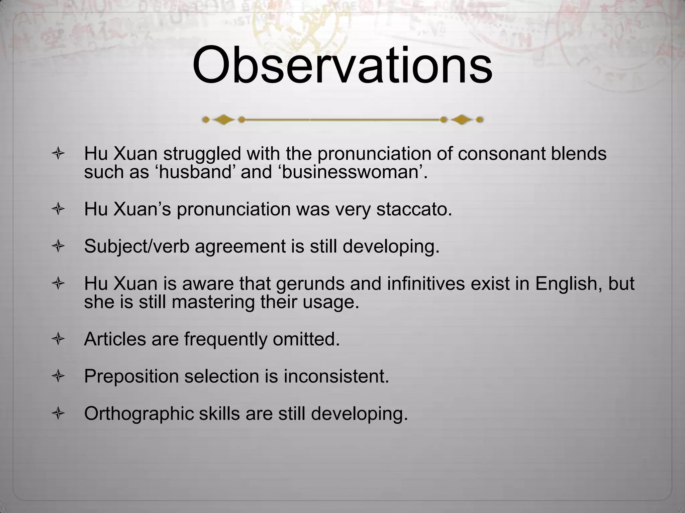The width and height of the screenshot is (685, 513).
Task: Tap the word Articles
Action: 115,339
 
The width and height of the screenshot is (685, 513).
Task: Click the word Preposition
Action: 131,376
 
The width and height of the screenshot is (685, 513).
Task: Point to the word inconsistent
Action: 336,376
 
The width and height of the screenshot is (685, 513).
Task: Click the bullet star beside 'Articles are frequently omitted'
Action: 58,340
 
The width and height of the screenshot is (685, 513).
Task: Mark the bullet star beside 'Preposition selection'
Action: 58,377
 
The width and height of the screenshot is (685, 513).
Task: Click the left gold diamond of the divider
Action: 223,120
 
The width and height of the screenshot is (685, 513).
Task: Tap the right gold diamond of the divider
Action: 462,120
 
